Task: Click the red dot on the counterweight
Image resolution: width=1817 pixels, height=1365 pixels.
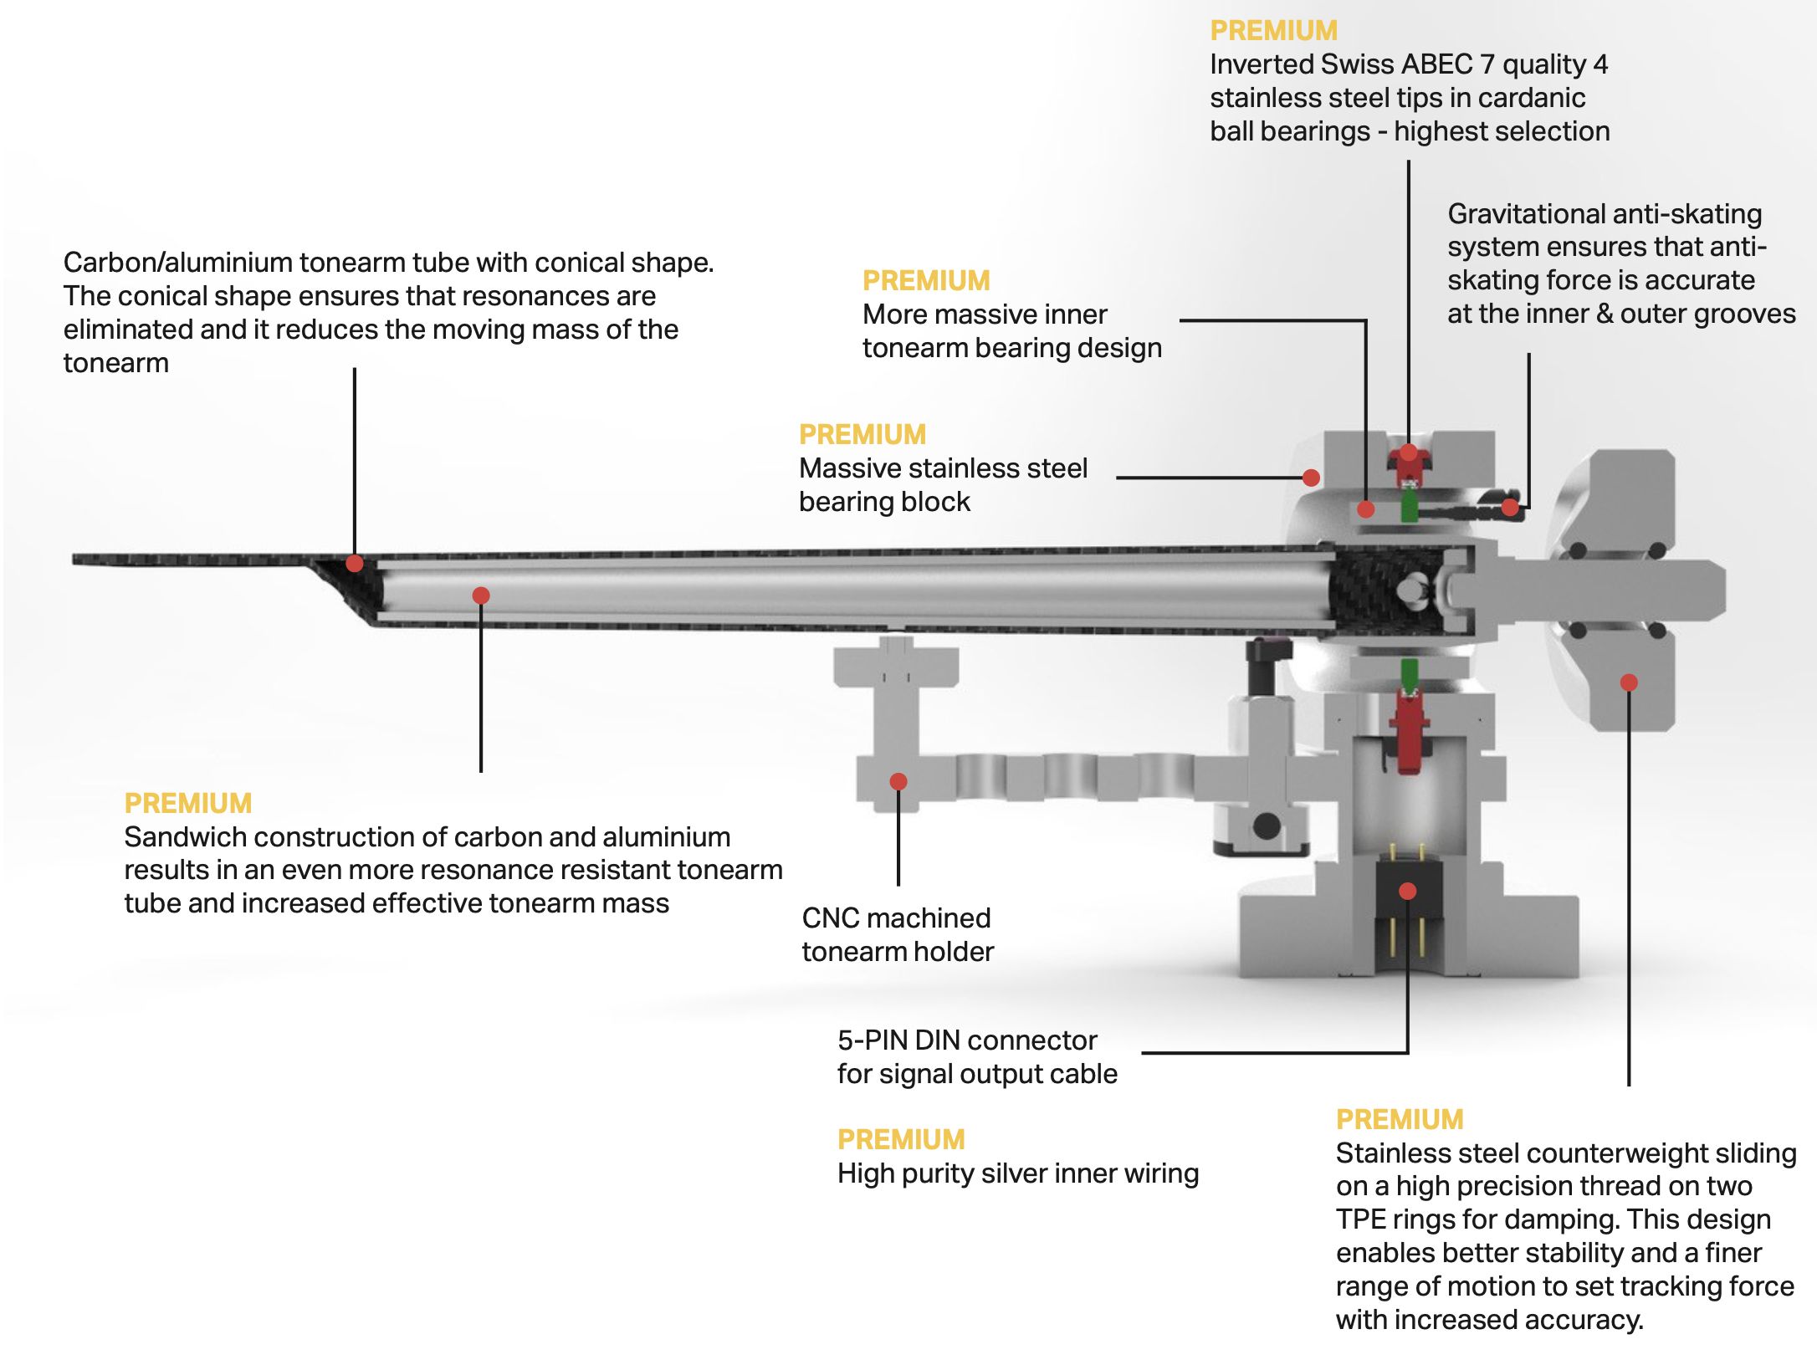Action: (x=1628, y=682)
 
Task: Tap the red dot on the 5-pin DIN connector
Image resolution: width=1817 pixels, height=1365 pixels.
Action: (x=1407, y=891)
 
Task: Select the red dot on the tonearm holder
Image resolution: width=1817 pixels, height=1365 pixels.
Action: (x=898, y=781)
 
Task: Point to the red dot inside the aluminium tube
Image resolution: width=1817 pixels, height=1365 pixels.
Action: (x=480, y=596)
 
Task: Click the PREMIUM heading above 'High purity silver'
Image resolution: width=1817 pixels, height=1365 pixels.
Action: (x=900, y=1139)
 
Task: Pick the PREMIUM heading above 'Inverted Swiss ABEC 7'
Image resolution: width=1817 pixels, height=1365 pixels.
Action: (x=1273, y=31)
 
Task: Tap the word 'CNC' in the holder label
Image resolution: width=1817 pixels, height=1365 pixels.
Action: (x=830, y=918)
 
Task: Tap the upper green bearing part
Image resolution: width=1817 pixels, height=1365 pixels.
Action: (x=1409, y=507)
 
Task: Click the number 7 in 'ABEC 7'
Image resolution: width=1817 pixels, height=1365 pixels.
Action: (x=1487, y=64)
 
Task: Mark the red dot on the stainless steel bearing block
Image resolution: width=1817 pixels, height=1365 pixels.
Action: (x=1311, y=478)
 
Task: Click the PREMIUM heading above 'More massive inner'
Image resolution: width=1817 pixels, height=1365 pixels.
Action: (x=926, y=281)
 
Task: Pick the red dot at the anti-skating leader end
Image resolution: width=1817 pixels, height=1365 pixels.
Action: (x=1509, y=507)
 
